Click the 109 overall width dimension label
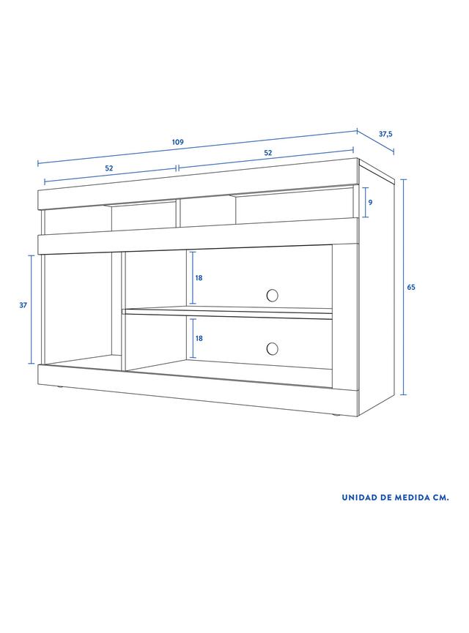tap(177, 142)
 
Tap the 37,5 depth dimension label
tap(385, 135)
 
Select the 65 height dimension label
tap(411, 288)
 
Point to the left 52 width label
tap(109, 168)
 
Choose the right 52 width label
tap(267, 153)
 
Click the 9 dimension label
tap(370, 202)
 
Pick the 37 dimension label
tap(23, 305)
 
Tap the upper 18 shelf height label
tap(199, 278)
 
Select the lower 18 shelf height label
tap(199, 338)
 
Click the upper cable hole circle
tap(273, 295)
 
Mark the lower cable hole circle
tap(273, 349)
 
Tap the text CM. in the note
tap(440, 498)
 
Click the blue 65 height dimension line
tap(404, 287)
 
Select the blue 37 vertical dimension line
tap(32, 310)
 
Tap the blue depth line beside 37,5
tap(374, 141)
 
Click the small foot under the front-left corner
tap(60, 388)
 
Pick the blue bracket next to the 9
tap(366, 202)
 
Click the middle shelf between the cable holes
tap(227, 311)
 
